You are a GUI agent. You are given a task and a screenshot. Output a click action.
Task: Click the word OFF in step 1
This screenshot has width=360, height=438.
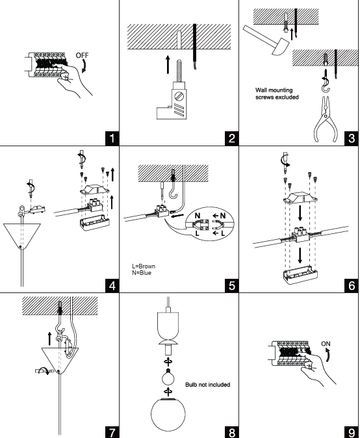click(82, 55)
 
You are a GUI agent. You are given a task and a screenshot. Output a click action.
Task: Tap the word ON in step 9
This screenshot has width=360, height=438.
click(326, 344)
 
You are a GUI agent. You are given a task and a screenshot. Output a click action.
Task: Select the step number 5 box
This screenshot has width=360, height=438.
click(232, 285)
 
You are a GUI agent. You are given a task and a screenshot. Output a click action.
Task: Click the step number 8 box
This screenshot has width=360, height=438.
click(232, 432)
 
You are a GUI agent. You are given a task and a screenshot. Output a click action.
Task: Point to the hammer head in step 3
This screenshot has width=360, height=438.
click(281, 46)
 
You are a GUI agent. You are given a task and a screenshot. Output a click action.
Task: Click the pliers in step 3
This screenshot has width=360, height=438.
click(326, 120)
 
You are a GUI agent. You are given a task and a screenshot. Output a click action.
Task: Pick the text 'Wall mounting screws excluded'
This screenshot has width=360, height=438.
click(277, 94)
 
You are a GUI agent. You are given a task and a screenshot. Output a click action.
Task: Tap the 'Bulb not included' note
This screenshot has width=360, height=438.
click(208, 385)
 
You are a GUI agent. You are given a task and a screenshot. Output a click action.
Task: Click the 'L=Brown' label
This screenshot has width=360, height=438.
click(144, 266)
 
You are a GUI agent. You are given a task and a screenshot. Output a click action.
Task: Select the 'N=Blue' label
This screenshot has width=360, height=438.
click(142, 273)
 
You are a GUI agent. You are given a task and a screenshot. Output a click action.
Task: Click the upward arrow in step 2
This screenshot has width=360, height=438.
click(168, 64)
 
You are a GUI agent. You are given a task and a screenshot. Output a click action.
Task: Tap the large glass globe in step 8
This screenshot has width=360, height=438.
click(168, 414)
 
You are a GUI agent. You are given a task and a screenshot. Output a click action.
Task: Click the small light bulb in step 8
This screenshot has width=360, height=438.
click(168, 378)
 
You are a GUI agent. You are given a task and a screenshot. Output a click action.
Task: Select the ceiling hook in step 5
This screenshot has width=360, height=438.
click(174, 184)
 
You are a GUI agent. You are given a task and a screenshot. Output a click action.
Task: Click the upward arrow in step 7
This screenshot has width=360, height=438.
click(49, 339)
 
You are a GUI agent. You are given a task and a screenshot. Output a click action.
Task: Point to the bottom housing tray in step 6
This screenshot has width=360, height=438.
click(300, 275)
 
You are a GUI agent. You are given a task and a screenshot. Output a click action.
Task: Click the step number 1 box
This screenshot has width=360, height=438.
click(112, 138)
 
